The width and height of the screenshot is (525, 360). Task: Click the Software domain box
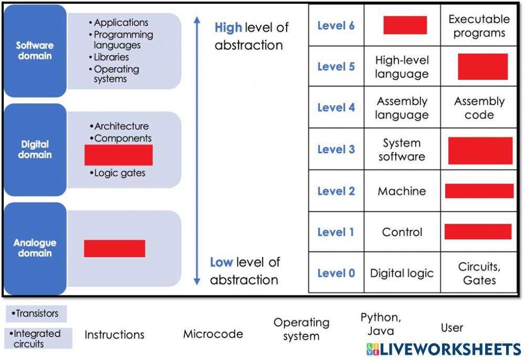(35, 51)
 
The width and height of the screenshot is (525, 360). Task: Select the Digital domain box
(35, 150)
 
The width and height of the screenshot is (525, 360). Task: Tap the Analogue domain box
(35, 248)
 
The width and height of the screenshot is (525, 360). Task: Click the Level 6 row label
(336, 26)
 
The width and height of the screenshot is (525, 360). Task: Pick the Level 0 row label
(336, 273)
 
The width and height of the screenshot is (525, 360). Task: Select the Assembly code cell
(479, 108)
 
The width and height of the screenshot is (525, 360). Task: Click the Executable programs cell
(479, 26)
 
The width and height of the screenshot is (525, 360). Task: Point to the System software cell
(402, 150)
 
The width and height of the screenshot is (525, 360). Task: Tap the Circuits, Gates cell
(479, 273)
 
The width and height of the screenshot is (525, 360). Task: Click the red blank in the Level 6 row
(405, 25)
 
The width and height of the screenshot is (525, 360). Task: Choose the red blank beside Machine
(479, 191)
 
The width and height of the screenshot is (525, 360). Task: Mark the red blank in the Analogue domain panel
(114, 249)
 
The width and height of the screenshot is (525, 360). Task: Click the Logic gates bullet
(118, 173)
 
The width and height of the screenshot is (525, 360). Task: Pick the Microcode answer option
(213, 334)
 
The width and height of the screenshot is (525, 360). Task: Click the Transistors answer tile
(36, 314)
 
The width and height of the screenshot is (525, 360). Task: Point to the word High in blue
(228, 28)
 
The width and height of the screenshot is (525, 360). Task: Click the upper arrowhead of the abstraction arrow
(197, 20)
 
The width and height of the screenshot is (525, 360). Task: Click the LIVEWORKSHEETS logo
(444, 350)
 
